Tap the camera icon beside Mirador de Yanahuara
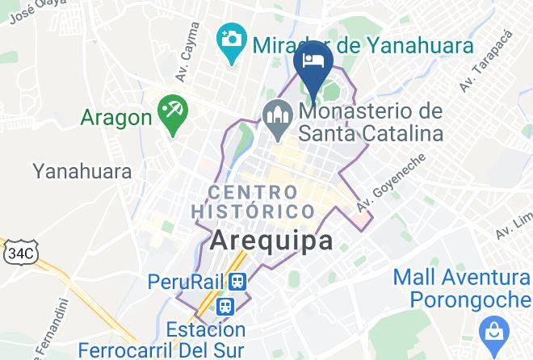[232, 37]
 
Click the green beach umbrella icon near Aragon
[171, 107]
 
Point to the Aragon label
[116, 118]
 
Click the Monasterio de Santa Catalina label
[371, 122]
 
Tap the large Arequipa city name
[273, 241]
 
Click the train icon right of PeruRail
[237, 281]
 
